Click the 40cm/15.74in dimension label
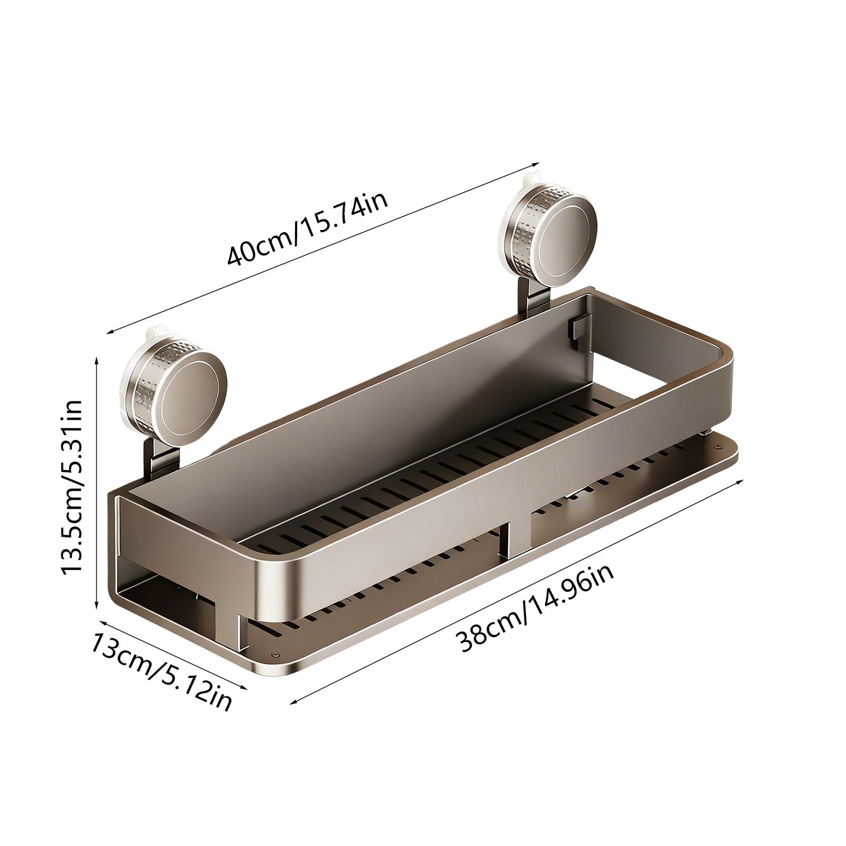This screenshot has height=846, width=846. (308, 228)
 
